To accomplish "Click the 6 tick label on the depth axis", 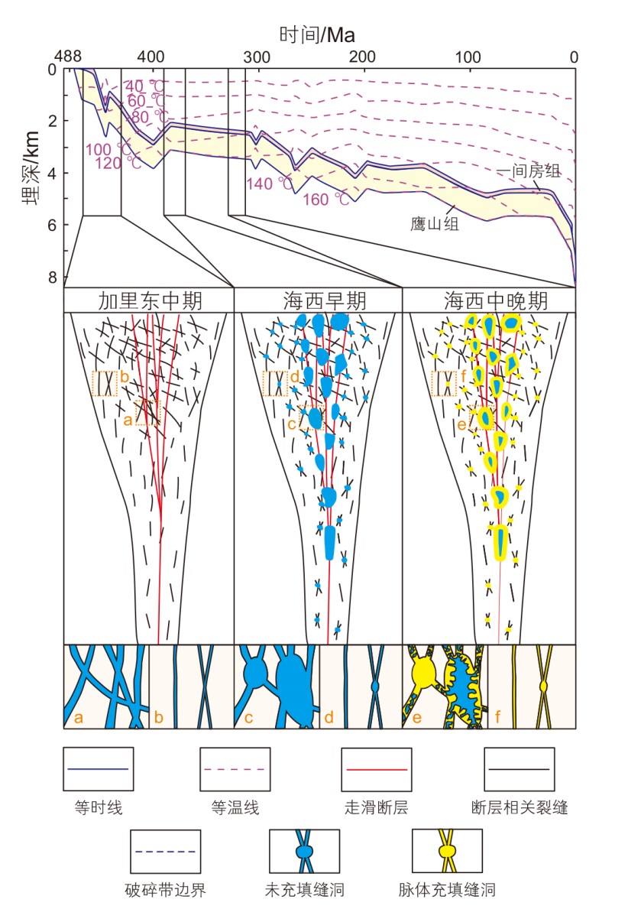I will click(x=52, y=225).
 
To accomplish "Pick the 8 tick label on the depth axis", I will click(x=52, y=277).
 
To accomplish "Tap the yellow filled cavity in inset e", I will click(x=422, y=674).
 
